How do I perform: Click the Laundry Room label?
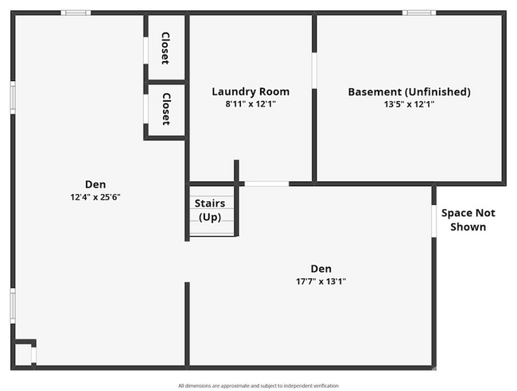pos(251,91)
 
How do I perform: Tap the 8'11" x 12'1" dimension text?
pos(251,104)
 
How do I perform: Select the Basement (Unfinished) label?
pos(409,92)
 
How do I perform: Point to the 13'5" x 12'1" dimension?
pos(409,104)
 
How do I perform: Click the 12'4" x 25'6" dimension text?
pos(95,197)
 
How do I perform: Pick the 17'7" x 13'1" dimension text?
pos(321,281)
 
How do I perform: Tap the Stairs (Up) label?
pos(210,210)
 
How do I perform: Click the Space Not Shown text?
pos(468,219)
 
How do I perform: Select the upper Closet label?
pos(165,48)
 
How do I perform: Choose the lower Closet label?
pos(166,109)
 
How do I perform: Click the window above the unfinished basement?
pos(419,13)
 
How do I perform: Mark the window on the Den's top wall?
pos(76,13)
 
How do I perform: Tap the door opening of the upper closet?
pos(146,50)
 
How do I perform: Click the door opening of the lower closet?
pos(146,110)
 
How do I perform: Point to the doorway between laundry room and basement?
pos(314,71)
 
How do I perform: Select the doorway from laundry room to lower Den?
pos(266,184)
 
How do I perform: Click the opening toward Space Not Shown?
pos(434,221)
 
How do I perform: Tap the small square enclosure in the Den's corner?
pos(23,353)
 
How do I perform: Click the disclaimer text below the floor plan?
pos(258,385)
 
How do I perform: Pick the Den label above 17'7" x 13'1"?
pos(321,269)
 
